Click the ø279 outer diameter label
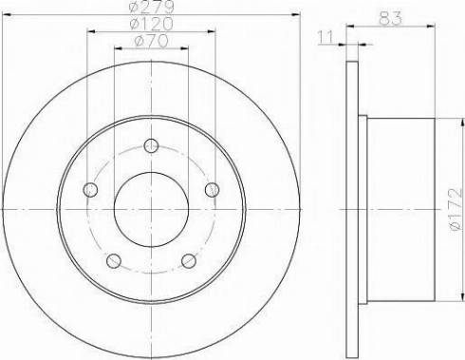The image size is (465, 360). tap(152, 8)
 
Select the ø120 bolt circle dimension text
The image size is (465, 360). tap(152, 24)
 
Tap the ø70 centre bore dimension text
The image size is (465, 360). tap(151, 41)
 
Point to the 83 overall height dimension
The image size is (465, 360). tap(390, 18)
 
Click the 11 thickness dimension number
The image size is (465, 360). tap(325, 37)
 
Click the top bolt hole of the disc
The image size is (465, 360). tap(151, 145)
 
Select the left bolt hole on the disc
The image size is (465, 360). tap(90, 190)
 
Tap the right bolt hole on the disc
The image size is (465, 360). tap(212, 190)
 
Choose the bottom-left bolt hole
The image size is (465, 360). tap(114, 261)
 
